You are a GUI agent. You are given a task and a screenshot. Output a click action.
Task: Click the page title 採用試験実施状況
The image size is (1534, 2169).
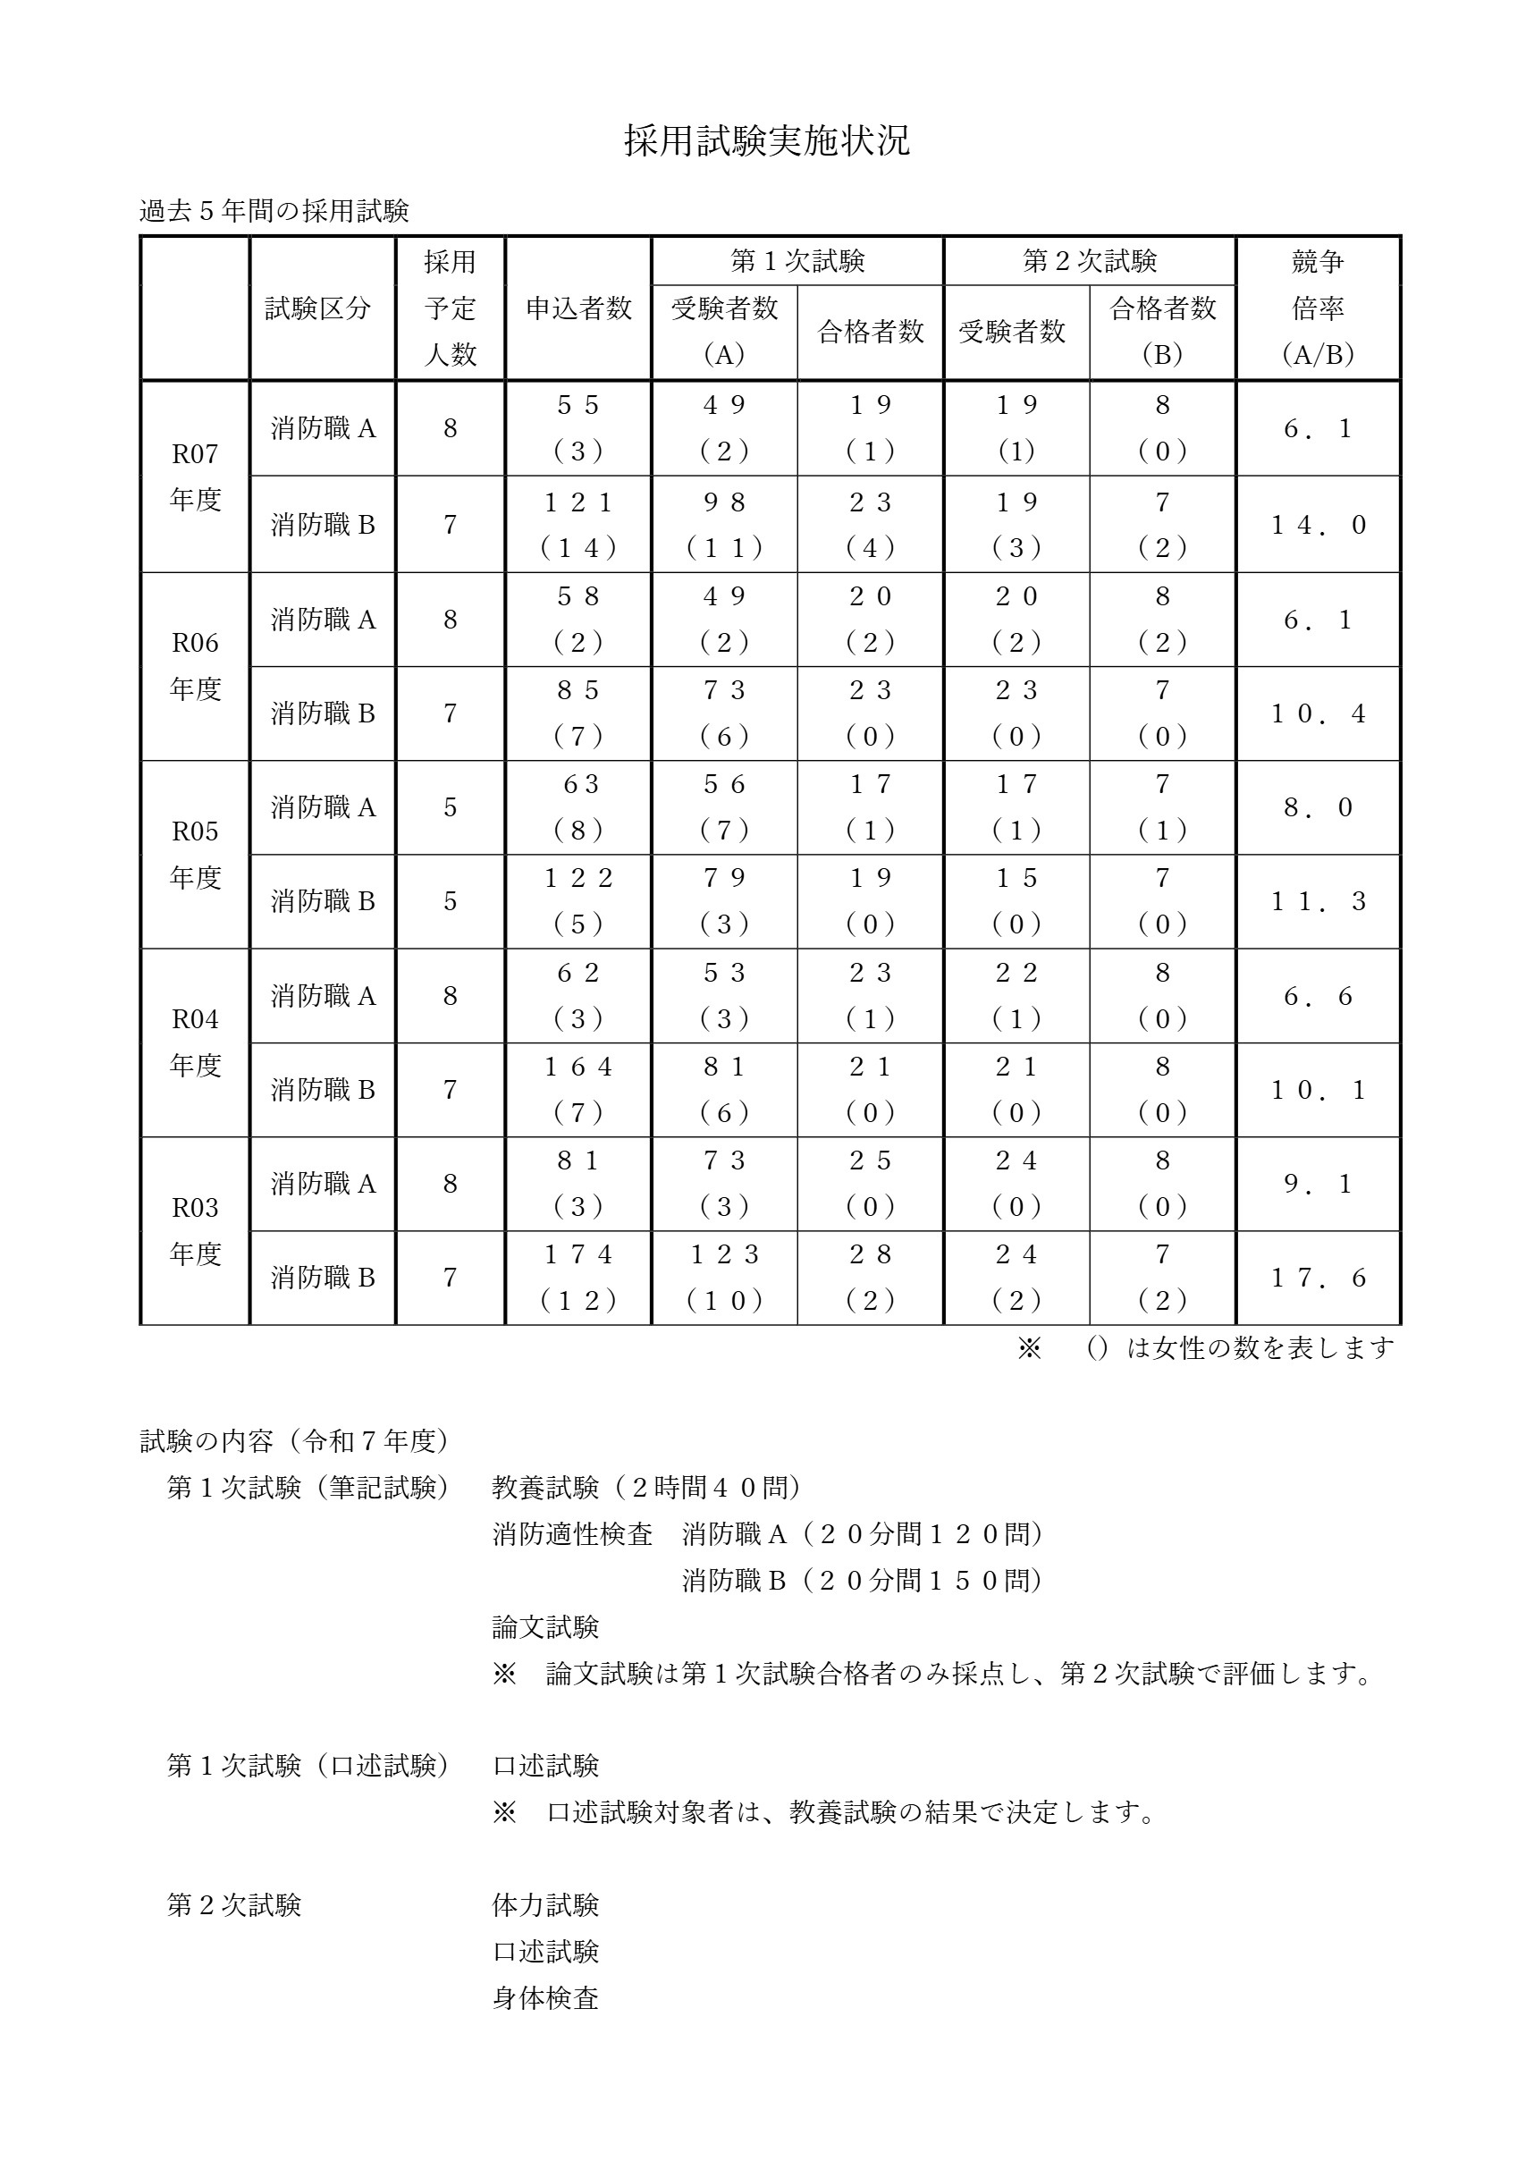tap(766, 140)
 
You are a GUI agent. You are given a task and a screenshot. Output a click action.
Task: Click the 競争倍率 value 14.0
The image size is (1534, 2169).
tap(1318, 525)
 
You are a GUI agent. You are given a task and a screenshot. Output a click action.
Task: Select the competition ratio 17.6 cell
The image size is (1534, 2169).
tap(1318, 1279)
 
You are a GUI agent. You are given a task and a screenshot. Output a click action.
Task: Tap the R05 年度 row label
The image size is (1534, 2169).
tap(195, 854)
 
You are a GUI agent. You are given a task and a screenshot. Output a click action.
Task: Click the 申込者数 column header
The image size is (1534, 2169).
tap(578, 308)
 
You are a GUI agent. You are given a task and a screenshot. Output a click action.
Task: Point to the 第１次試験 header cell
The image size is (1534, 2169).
tap(797, 261)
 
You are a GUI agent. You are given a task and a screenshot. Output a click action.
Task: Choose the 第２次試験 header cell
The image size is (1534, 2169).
tap(1089, 261)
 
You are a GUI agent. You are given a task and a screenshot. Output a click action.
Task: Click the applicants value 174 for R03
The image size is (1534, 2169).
tap(578, 1254)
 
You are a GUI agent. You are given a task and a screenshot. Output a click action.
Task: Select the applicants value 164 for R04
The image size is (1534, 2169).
tap(578, 1067)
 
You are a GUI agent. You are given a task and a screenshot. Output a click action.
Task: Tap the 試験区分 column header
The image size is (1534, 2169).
tap(317, 308)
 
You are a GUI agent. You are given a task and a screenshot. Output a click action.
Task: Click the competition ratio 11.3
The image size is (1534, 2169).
tap(1318, 901)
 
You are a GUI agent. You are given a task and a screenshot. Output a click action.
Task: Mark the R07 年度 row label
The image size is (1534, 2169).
tap(195, 477)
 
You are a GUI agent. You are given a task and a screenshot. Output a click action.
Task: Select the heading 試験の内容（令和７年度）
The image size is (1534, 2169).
tap(295, 1440)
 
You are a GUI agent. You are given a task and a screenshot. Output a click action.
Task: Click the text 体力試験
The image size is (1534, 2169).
tap(545, 1905)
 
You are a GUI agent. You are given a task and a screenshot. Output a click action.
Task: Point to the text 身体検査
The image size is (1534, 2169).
tap(545, 1998)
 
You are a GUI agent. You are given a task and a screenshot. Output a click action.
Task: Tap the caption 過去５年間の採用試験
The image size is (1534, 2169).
tap(274, 211)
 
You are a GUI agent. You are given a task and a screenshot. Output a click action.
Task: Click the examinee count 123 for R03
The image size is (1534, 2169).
tap(724, 1254)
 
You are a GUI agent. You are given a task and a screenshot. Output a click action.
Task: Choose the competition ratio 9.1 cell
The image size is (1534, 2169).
tap(1318, 1184)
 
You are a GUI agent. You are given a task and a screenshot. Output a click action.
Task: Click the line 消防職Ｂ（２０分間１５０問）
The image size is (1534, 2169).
tap(862, 1581)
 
